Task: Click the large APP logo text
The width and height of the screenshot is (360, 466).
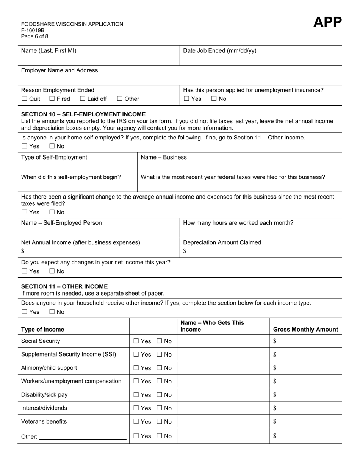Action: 327,22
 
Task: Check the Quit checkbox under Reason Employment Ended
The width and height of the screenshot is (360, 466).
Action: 25,99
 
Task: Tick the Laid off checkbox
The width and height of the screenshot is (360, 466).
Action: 83,99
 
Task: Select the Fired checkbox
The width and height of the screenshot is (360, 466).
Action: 52,99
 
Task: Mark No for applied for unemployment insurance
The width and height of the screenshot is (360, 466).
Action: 214,99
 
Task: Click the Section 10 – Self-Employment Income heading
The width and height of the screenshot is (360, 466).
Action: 83,114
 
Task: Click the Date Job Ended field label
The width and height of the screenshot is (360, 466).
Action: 219,51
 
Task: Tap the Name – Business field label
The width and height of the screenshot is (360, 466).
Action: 163,157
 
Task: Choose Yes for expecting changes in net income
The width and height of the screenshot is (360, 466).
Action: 25,271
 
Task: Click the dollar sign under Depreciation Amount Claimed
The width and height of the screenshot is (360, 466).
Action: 185,251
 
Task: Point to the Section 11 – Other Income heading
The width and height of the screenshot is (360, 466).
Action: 64,286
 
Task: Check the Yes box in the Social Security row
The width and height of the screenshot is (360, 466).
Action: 136,341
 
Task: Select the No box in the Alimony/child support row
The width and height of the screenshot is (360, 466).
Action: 160,368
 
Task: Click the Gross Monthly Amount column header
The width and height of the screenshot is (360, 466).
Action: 305,329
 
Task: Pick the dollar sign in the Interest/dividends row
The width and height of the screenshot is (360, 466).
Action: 275,408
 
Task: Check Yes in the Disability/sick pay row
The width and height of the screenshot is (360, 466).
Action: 136,395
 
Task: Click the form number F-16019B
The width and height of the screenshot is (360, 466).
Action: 33,30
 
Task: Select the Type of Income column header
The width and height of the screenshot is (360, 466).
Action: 42,329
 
